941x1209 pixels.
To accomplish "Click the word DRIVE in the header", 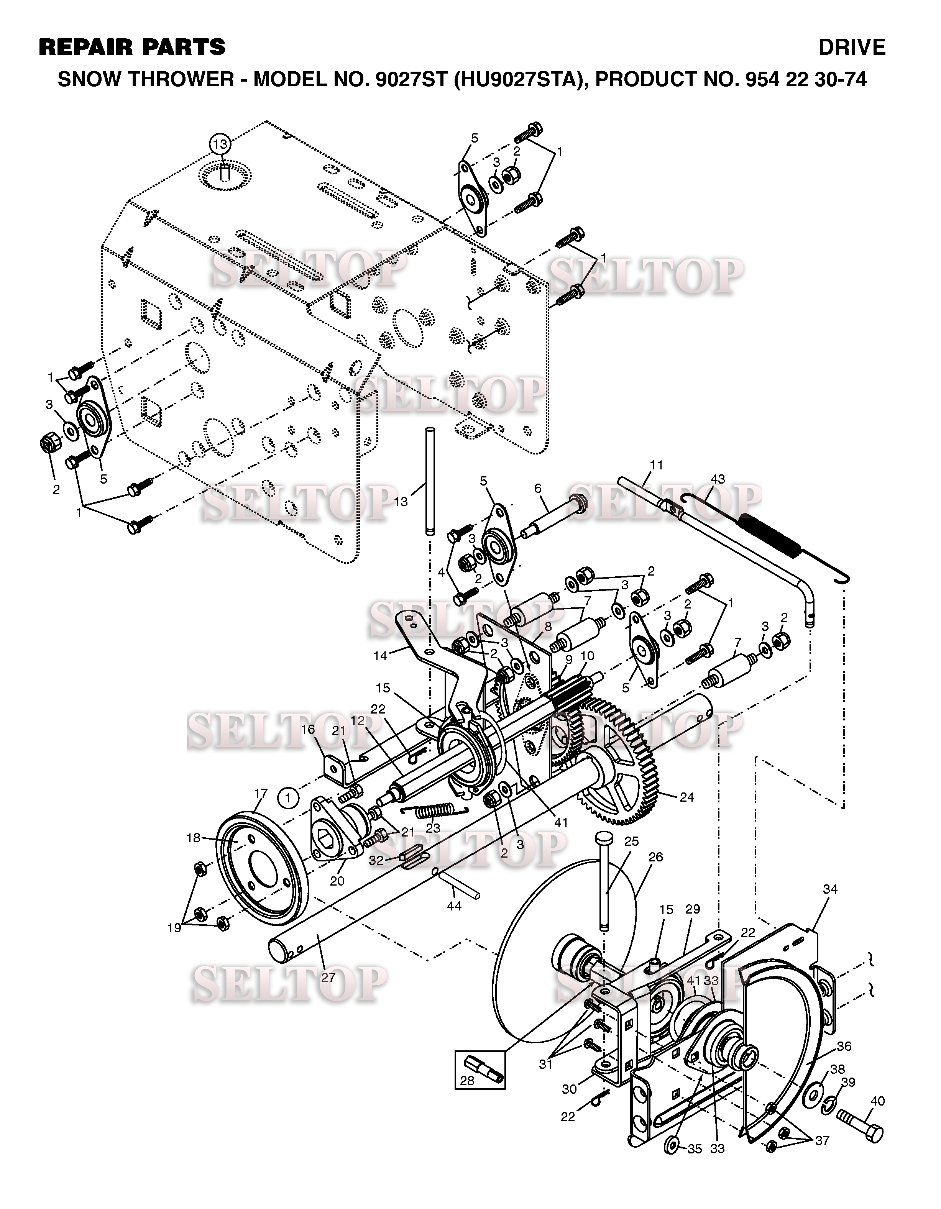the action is [852, 48].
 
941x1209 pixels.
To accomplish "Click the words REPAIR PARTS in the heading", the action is [132, 48].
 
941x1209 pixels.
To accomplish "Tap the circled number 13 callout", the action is [220, 144].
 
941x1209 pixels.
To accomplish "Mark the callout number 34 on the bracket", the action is [830, 889].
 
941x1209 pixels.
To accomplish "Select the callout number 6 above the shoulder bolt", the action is [537, 488].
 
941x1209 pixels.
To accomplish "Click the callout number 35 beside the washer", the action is [695, 1149].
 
